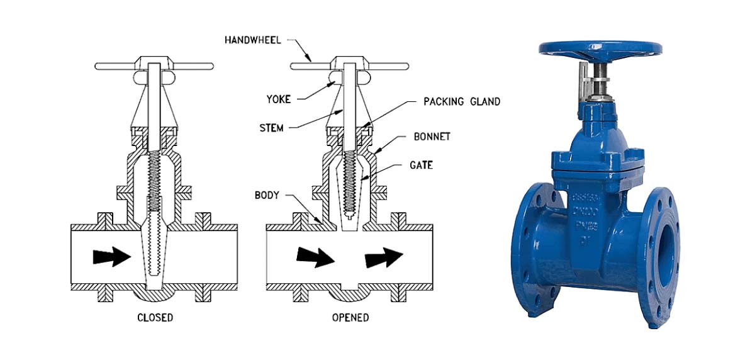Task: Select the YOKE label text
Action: [x=279, y=99]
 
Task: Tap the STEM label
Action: [x=271, y=128]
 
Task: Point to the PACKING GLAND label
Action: [x=462, y=101]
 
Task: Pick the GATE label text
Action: [x=420, y=166]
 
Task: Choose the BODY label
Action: [x=267, y=195]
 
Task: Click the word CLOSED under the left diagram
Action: [x=155, y=317]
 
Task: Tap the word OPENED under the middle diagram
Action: [x=350, y=317]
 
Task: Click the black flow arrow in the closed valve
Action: [x=111, y=257]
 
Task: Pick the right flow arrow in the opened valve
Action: [x=383, y=256]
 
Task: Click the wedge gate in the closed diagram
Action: [x=154, y=252]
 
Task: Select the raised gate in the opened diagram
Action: [x=350, y=189]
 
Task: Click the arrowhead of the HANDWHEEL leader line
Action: [x=311, y=60]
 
